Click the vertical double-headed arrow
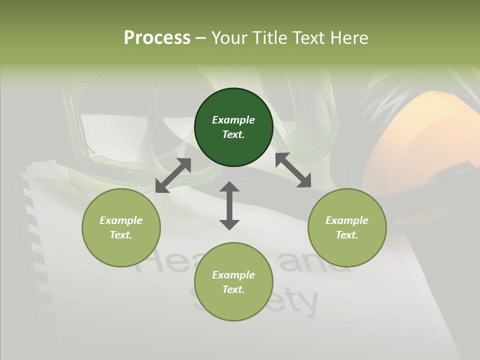tap(229, 205)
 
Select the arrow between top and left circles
tap(173, 175)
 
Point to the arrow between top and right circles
tap(293, 170)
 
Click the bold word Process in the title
tap(157, 37)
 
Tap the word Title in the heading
tap(270, 37)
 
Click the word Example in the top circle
tap(233, 120)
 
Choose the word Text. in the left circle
tap(121, 235)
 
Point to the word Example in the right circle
tap(347, 220)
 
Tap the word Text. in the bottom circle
tap(233, 289)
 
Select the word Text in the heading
tap(305, 37)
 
